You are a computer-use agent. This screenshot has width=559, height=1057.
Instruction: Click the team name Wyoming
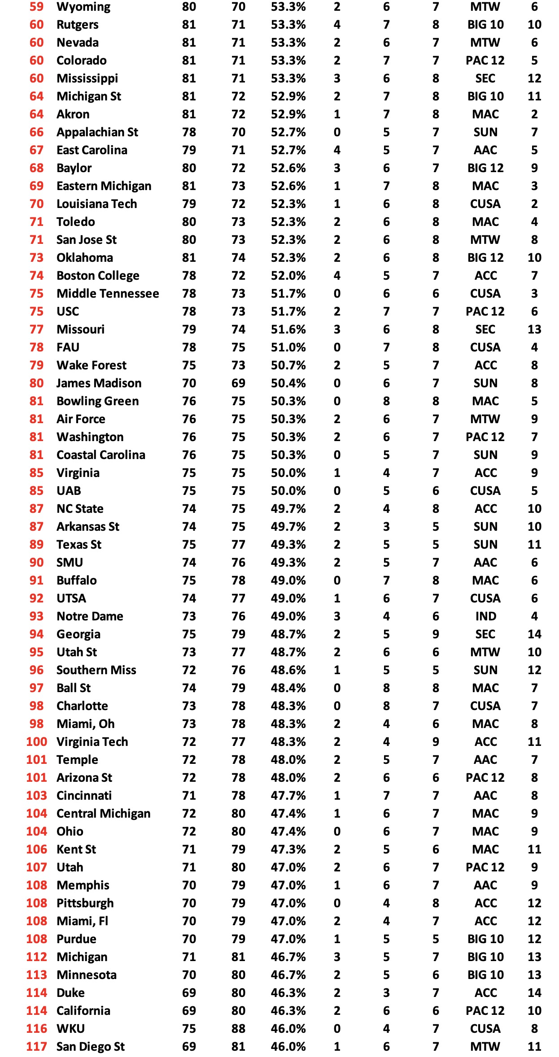coord(83,7)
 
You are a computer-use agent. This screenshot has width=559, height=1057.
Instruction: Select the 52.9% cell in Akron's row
coord(288,114)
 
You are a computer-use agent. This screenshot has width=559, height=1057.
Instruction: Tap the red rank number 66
coord(36,132)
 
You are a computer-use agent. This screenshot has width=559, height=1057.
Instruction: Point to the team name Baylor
coord(74,168)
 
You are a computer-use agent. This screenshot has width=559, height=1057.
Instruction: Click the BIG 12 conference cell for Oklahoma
coord(485,258)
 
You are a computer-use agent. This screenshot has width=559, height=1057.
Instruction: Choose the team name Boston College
coord(98,276)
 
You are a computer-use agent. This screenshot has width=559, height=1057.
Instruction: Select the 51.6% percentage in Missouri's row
coord(288,329)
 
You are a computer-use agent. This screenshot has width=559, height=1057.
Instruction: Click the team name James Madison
coord(99,383)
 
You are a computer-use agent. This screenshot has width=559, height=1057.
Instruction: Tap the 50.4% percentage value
coord(288,383)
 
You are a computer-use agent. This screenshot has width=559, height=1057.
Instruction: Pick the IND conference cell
coord(485,616)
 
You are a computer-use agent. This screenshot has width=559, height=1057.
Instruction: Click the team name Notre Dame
coord(90,616)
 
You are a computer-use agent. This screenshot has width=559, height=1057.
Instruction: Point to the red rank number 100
coord(36,742)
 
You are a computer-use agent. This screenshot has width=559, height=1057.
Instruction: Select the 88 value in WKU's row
coord(238,1029)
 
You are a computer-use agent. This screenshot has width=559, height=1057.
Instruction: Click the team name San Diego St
coord(91,1047)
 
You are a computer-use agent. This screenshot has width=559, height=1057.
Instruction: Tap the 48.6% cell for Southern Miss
coord(288,670)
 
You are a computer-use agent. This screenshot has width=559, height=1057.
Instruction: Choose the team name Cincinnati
coord(84,796)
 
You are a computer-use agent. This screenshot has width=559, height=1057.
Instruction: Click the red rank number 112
coord(36,957)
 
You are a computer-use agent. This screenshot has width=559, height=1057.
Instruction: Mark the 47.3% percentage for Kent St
coord(288,849)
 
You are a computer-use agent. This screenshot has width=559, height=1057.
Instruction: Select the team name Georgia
coord(79,634)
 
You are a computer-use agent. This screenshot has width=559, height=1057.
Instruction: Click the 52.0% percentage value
coord(288,276)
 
